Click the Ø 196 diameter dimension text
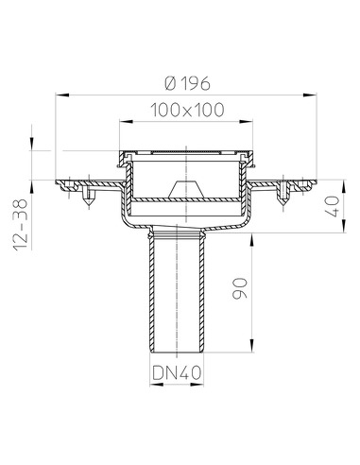[x=185, y=79]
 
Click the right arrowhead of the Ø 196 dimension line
[x=313, y=95]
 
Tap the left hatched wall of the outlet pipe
[x=153, y=293]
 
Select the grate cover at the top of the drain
[x=185, y=152]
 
